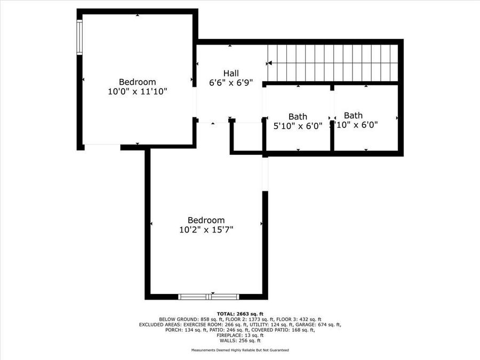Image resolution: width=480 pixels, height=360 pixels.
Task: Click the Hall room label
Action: [x=231, y=73]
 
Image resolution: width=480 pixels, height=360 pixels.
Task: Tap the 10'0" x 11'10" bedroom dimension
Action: [x=138, y=91]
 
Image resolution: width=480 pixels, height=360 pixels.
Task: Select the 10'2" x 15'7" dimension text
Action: [x=206, y=230]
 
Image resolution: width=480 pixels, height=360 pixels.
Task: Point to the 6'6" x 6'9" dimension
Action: [x=231, y=83]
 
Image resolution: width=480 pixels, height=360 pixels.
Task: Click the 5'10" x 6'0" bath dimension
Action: [x=298, y=126]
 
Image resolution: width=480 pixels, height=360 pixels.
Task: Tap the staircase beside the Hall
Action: [x=333, y=63]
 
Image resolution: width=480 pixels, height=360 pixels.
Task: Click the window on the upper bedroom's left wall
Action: [x=79, y=37]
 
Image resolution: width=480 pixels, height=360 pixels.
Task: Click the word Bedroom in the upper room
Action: [x=138, y=82]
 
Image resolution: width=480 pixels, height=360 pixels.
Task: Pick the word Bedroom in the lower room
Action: [x=206, y=220]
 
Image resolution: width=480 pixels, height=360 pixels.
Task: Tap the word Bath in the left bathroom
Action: [x=298, y=116]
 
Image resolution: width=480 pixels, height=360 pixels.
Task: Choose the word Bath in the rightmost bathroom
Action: [x=353, y=115]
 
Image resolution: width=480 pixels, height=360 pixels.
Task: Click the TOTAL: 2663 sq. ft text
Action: [x=240, y=314]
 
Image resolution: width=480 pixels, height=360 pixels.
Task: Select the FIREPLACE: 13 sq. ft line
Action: [x=240, y=335]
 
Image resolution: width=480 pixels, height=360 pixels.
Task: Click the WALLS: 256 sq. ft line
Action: [x=240, y=340]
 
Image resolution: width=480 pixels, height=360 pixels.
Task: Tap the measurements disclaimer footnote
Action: [x=240, y=350]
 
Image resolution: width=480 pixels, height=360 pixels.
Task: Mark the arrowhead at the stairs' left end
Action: [x=270, y=63]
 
